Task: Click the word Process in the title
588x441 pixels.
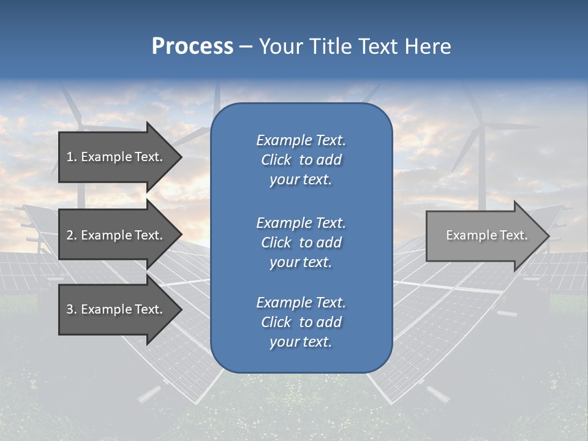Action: pyautogui.click(x=192, y=47)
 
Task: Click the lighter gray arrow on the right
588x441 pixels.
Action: pyautogui.click(x=484, y=236)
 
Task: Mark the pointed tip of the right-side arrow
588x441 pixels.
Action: pyautogui.click(x=548, y=236)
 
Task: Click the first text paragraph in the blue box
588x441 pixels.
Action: pyautogui.click(x=301, y=160)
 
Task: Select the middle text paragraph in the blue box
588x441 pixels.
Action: pyautogui.click(x=301, y=243)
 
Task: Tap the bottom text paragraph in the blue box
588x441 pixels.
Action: pyautogui.click(x=301, y=322)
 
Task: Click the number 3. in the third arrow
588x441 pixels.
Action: pyautogui.click(x=72, y=309)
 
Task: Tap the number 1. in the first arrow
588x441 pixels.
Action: pyautogui.click(x=72, y=157)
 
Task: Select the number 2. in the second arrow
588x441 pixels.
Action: pyautogui.click(x=72, y=235)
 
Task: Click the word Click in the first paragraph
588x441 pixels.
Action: pyautogui.click(x=276, y=160)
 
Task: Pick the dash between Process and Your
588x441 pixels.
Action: pyautogui.click(x=246, y=47)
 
